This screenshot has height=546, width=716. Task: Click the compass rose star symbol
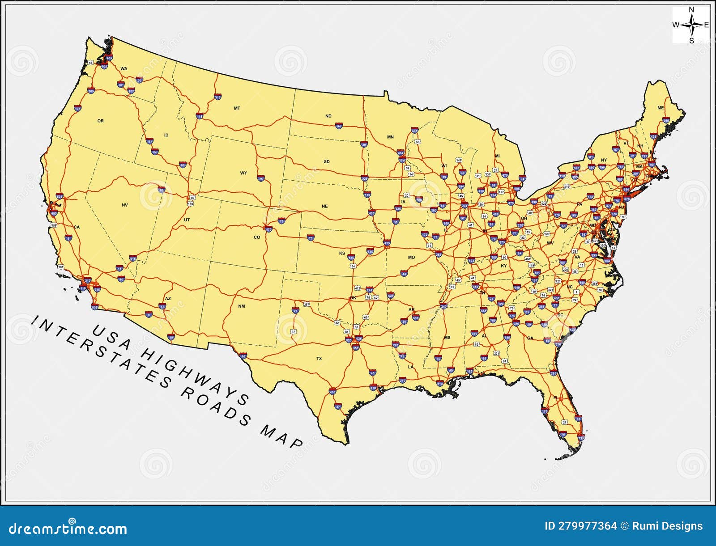coord(691,25)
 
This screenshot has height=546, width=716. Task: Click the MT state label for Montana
coord(237,108)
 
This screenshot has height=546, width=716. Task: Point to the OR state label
coord(100,121)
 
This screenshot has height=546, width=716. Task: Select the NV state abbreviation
coord(124,205)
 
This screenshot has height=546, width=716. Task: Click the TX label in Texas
coord(319,359)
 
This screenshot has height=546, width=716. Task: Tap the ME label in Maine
coord(661,108)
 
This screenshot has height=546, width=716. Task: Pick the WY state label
coord(243,173)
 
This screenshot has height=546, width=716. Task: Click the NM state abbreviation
coord(242,306)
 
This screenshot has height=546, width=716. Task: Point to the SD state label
coord(327,161)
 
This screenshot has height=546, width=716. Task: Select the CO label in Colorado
coord(257,237)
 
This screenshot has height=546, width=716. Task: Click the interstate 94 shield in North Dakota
coord(339,126)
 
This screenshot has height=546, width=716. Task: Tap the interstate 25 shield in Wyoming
coord(261,178)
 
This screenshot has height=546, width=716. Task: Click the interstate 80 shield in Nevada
coord(162,190)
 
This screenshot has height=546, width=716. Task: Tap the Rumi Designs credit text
coord(667,526)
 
